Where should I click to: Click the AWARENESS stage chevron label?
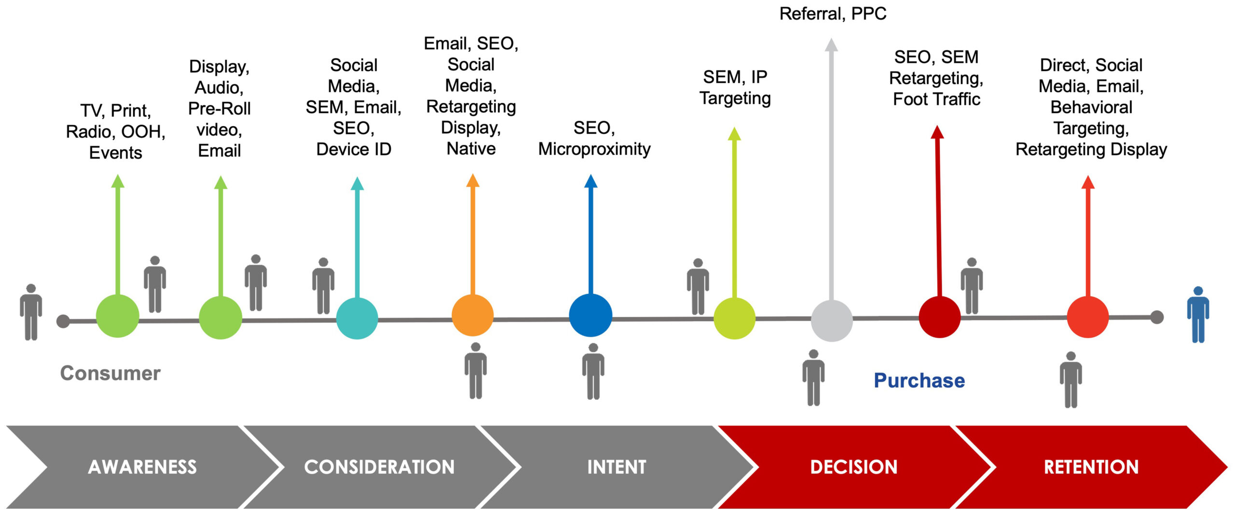[x=142, y=467]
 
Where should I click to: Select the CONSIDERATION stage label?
[x=379, y=467]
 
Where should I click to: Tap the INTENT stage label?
[x=617, y=467]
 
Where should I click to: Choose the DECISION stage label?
[x=853, y=467]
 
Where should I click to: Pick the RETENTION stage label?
[x=1091, y=467]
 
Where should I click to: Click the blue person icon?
[x=1198, y=315]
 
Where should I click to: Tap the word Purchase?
[x=919, y=380]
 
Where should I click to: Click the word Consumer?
[x=110, y=373]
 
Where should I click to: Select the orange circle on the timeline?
[x=473, y=315]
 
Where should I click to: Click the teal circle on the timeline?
[x=357, y=318]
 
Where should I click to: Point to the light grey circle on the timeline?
[x=832, y=320]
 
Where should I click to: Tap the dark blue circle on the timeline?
[x=590, y=315]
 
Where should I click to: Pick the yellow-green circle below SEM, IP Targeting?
[x=734, y=318]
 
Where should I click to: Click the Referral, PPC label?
[x=833, y=14]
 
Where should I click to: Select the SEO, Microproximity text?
[x=594, y=139]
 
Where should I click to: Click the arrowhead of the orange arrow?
[x=473, y=181]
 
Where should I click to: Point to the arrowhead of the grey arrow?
[x=831, y=45]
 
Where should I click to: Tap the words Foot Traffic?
[x=936, y=99]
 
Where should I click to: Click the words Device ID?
[x=354, y=149]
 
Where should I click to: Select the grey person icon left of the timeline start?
[x=31, y=312]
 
